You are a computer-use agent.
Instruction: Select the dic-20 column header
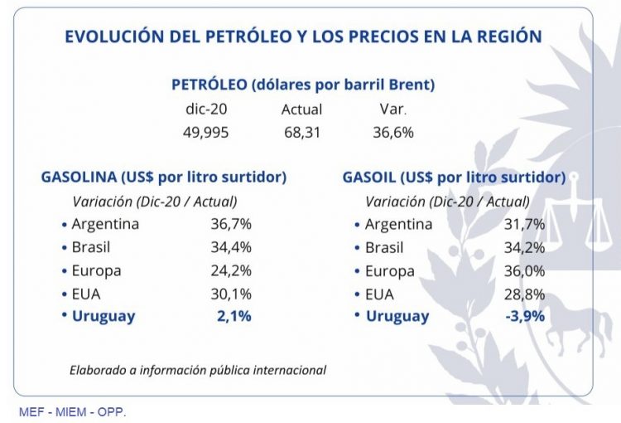point(206,109)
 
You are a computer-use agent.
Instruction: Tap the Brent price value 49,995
point(206,132)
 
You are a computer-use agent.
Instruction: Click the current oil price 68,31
point(302,132)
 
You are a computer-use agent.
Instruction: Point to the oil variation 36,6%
point(393,132)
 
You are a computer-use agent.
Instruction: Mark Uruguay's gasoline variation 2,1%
point(234,316)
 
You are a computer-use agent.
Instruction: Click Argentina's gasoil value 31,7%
point(524,224)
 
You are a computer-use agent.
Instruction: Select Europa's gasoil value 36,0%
point(524,270)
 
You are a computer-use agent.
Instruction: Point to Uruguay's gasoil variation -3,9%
point(524,316)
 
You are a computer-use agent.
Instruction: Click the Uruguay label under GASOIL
point(397,316)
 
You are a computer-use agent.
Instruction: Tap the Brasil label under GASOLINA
point(90,247)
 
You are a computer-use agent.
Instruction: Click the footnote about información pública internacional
point(198,370)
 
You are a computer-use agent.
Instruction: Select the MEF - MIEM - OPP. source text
point(73,412)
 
